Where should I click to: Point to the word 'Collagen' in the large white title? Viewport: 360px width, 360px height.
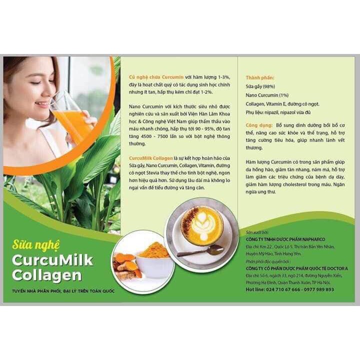coord(50,274)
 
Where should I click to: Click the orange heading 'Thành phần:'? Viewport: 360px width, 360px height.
coord(260,78)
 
